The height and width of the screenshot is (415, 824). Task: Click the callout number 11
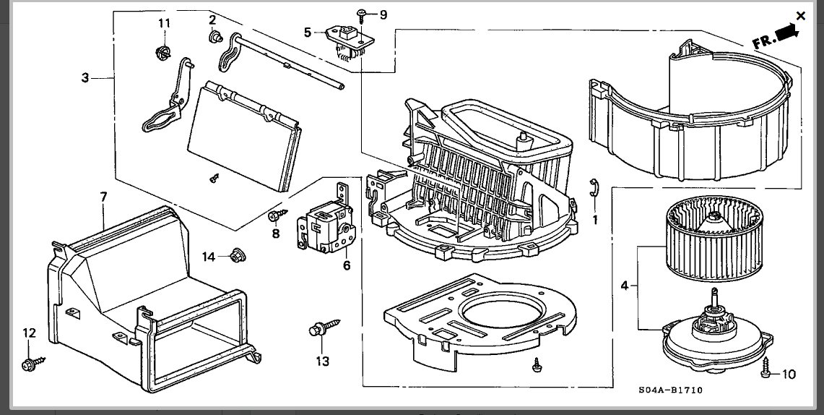click(165, 23)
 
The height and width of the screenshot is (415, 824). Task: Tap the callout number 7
click(103, 197)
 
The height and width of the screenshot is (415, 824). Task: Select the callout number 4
click(624, 286)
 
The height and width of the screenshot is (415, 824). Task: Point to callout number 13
click(322, 361)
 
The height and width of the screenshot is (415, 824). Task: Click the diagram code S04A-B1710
click(671, 390)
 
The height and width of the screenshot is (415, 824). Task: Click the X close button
click(800, 16)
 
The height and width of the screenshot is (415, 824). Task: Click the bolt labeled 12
click(32, 363)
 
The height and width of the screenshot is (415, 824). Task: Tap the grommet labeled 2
click(215, 37)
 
